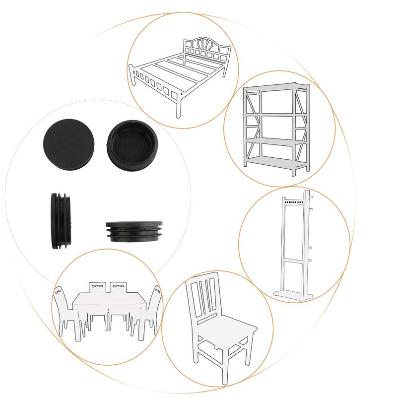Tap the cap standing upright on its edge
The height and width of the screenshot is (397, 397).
[x=62, y=219]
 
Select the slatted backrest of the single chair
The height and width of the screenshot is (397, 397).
[x=204, y=298]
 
